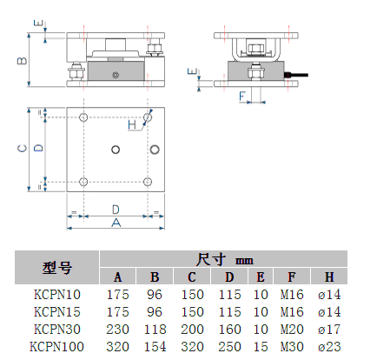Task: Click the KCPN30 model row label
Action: coord(57,330)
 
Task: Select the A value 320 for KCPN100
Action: coord(117,347)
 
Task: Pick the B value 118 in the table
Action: coord(155,330)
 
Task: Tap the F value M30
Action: coord(292,347)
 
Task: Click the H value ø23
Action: coord(329,347)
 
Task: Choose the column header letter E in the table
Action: coord(261,277)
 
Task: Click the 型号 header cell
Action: coord(57,268)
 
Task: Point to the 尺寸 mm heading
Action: coord(225,259)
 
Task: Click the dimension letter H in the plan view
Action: coord(132,125)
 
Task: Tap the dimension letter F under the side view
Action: coord(242,97)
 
